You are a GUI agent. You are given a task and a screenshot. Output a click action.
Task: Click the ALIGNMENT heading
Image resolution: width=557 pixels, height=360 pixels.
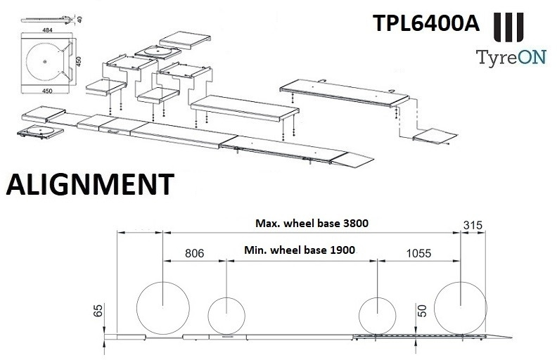[x=88, y=184]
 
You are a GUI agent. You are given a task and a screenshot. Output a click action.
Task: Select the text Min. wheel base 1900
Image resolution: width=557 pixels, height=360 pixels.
[x=300, y=250]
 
